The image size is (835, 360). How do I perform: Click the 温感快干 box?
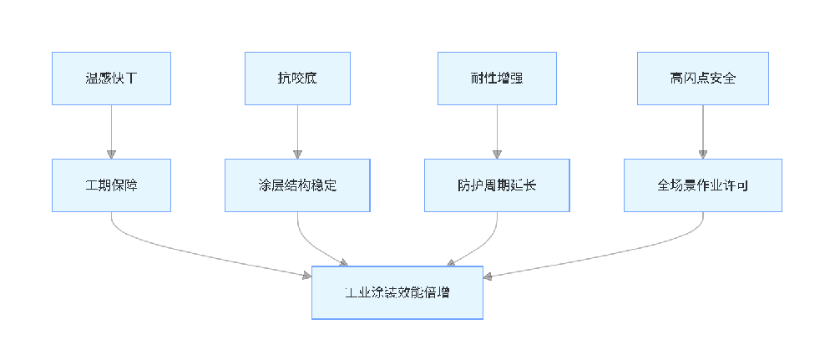[111, 79]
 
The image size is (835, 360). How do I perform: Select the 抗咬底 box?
[297, 79]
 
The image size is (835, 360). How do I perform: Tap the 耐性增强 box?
[498, 79]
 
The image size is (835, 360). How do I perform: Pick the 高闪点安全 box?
[702, 79]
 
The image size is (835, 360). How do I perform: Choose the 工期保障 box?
[111, 185]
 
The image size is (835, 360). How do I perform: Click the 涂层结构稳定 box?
[297, 185]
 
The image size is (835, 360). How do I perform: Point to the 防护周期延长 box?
[498, 185]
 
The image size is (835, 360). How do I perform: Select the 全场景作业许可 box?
[702, 185]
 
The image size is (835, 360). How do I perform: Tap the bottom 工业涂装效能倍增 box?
[397, 292]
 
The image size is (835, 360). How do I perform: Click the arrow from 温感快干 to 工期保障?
[111, 129]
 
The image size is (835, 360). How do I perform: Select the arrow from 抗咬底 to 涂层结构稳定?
[297, 129]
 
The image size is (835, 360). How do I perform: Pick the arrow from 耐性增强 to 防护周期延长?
[498, 129]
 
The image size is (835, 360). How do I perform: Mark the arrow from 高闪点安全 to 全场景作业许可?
[702, 129]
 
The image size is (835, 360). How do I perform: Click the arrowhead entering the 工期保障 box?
[111, 154]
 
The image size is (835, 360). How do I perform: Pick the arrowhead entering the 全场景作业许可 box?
[702, 154]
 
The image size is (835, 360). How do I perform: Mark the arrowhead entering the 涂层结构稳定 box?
[297, 154]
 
